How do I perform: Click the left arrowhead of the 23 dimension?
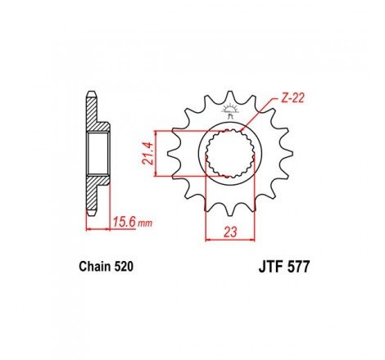[208, 241]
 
